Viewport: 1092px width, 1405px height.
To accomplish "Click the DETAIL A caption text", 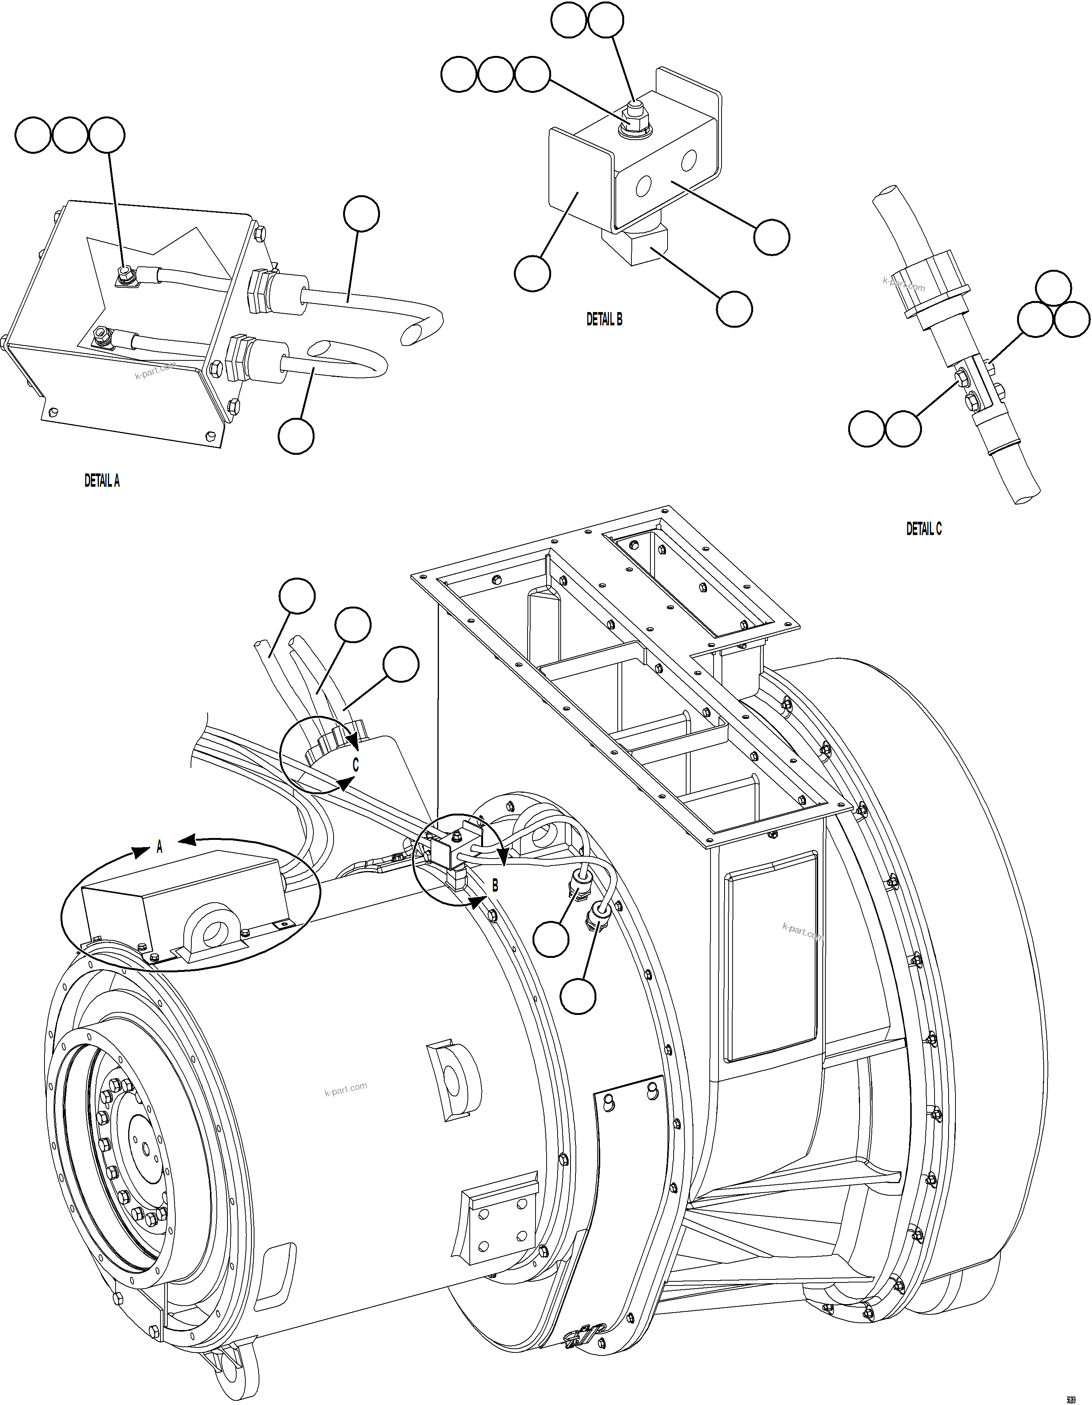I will (102, 481).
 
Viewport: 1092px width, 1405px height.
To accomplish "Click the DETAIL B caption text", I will (604, 319).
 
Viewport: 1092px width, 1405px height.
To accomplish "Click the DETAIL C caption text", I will (924, 529).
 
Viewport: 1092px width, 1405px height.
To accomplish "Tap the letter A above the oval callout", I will (159, 848).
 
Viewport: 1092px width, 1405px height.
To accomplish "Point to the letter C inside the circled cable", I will (355, 766).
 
